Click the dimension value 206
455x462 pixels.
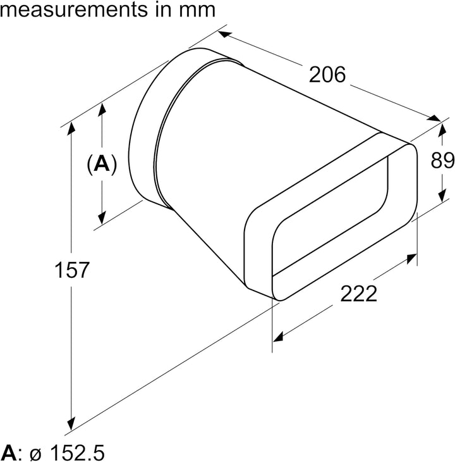tap(328, 75)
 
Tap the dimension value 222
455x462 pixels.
tap(358, 294)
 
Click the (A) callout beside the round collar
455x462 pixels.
tap(101, 165)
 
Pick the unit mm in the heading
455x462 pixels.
tap(197, 9)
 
